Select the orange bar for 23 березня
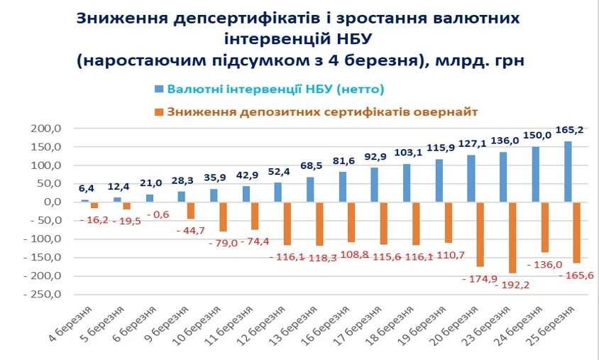pos(512,237)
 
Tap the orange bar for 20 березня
pos(480,234)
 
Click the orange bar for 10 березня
pos(223,217)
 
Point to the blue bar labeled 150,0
pos(536,175)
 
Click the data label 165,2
pos(573,130)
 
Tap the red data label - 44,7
pos(192,230)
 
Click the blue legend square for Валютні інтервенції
pos(158,89)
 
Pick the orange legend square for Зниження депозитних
pos(158,111)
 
